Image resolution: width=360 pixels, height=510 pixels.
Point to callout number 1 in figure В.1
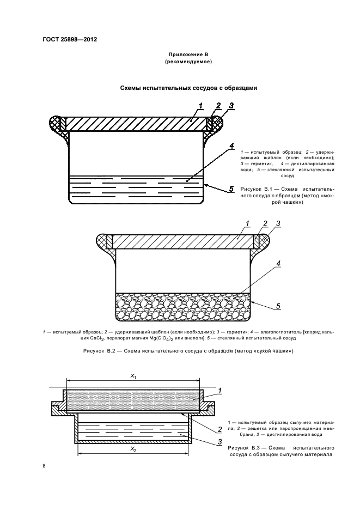pyautogui.click(x=200, y=105)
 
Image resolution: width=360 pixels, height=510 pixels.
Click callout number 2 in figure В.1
pyautogui.click(x=218, y=105)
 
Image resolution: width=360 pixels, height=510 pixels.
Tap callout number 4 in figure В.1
pyautogui.click(x=231, y=146)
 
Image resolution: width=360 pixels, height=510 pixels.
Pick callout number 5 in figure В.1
pyautogui.click(x=231, y=189)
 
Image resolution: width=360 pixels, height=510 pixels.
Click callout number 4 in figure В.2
pyautogui.click(x=277, y=263)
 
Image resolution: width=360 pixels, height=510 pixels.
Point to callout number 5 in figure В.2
pyautogui.click(x=277, y=306)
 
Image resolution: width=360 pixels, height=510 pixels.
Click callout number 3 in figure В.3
pyautogui.click(x=219, y=442)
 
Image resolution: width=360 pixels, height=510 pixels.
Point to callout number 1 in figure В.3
pyautogui.click(x=219, y=390)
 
